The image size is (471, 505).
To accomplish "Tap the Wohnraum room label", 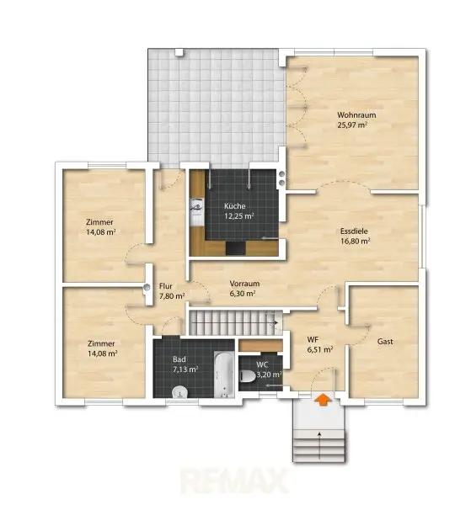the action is point(356,115).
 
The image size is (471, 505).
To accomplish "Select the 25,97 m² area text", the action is point(352,125).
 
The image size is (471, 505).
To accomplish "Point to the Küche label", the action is point(235,206).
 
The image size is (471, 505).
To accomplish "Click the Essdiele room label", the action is point(354,231).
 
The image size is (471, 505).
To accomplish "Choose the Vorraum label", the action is point(244,284).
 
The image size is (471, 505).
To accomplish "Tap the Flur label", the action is point(166,286).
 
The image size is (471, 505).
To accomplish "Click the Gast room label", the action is point(385,342).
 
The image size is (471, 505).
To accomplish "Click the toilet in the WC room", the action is point(248,376).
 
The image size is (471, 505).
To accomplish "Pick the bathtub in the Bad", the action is point(224,375).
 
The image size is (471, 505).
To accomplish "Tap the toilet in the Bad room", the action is point(180,392).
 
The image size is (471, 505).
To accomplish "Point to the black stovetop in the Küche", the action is point(236,248).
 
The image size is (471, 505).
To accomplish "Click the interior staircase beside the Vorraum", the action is point(233,322).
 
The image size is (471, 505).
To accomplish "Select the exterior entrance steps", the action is point(319,446).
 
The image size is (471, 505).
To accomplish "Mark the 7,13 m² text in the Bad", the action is point(185,369).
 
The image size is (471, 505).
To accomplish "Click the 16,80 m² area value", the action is point(356,241).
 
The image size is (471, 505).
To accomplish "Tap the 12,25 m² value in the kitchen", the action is point(239,215).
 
